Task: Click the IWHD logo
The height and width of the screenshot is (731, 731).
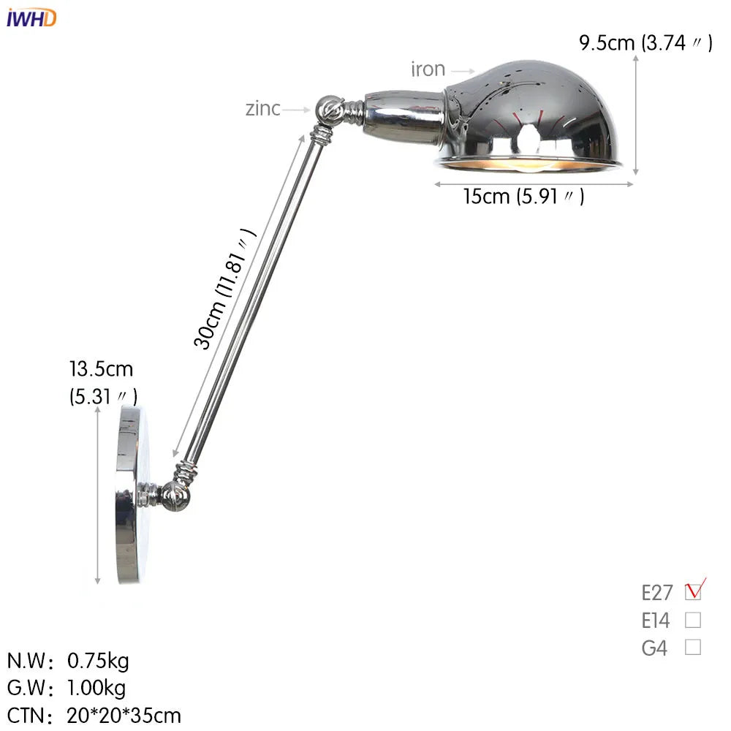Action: (31, 18)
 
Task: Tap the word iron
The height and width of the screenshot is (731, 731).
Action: (428, 69)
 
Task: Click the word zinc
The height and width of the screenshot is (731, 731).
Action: (262, 109)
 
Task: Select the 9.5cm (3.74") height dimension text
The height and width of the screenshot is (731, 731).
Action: (645, 43)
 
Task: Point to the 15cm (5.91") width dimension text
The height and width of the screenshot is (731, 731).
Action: (523, 197)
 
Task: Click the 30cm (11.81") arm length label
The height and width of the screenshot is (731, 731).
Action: (224, 289)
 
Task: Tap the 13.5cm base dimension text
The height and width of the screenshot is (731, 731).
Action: (102, 370)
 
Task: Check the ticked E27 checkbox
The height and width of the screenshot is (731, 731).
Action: (693, 591)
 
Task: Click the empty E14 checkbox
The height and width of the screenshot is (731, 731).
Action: (693, 621)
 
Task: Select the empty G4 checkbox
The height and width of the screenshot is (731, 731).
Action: (693, 647)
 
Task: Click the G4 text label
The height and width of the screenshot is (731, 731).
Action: (654, 648)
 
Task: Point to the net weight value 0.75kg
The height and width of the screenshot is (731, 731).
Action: (98, 662)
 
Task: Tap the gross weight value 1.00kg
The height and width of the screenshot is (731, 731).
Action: (96, 688)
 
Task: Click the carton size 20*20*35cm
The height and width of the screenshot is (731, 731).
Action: (124, 715)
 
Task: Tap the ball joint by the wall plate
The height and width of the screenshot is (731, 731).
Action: (177, 496)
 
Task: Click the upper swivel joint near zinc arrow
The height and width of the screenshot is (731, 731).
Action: (328, 110)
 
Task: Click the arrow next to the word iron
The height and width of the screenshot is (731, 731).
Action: (462, 71)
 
